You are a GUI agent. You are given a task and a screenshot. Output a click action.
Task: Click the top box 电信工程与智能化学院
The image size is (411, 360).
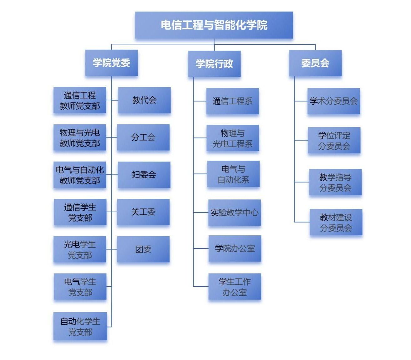point(214,25)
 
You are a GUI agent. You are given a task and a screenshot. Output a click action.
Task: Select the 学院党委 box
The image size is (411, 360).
point(111,63)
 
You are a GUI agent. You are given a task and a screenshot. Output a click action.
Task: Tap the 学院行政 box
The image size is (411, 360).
point(214,64)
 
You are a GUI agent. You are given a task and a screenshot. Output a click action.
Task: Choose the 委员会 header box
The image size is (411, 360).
point(315,63)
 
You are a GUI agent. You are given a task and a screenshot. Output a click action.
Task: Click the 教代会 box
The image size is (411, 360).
point(144,100)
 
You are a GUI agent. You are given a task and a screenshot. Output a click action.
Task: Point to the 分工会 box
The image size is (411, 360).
point(143,137)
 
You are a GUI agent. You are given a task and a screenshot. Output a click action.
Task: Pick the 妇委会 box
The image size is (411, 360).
point(144,175)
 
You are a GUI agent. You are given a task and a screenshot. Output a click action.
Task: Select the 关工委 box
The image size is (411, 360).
point(143,212)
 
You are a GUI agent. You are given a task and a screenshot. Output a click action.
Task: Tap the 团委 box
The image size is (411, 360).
point(143,249)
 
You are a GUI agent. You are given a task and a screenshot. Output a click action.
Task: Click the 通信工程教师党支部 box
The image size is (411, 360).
point(80,100)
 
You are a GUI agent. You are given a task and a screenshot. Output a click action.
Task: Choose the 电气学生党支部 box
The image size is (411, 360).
point(80,287)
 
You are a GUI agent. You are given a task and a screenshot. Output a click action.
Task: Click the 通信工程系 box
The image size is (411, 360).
point(232,101)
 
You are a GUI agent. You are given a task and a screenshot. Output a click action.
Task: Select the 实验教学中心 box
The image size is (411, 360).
point(235,212)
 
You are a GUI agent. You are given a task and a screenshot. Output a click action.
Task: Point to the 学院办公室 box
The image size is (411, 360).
point(235,248)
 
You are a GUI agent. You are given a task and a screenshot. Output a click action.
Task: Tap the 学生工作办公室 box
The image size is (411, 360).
point(235,287)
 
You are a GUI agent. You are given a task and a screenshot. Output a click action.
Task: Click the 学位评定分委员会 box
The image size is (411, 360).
point(334,140)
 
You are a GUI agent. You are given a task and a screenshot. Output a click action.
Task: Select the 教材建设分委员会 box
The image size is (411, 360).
point(336,222)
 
